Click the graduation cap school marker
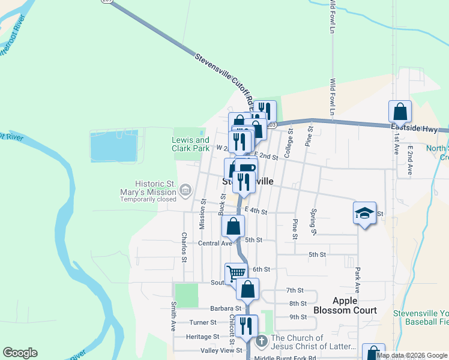(364, 214)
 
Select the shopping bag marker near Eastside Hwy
(400, 112)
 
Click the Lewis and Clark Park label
(191, 144)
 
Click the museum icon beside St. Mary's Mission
(185, 191)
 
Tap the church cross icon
(261, 341)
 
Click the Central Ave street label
(214, 243)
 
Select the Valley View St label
(221, 350)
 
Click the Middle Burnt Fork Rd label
(285, 358)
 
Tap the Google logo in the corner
(20, 353)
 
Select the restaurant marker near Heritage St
(246, 326)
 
